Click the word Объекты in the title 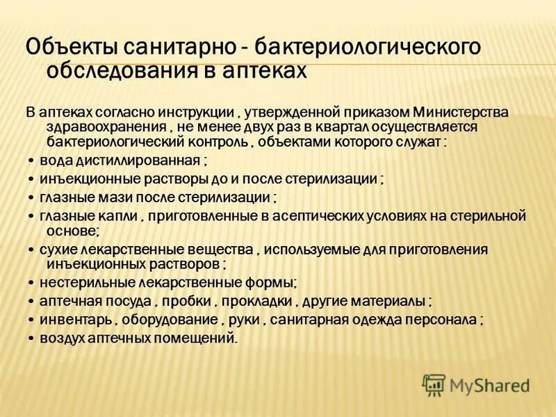coord(71,49)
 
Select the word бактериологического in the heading coord(368,49)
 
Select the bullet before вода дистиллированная coord(31,161)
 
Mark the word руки coord(241,320)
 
